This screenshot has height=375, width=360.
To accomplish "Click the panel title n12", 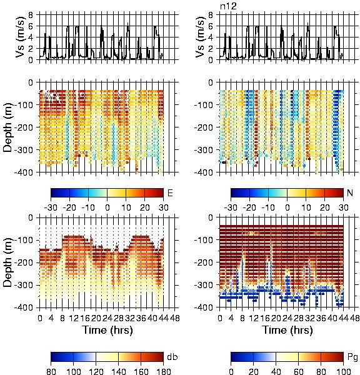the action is point(228,6).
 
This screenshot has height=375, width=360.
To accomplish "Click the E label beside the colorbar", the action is point(170,192).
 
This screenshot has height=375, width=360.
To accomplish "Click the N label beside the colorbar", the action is point(350,192).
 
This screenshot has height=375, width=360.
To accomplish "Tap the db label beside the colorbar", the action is point(172,357).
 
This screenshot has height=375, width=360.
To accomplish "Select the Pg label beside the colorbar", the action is point(352,357).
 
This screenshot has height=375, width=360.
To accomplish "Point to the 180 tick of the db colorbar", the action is point(163,371).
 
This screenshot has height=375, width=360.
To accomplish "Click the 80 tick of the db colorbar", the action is point(51,371).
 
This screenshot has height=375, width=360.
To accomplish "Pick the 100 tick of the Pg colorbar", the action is point(344,371).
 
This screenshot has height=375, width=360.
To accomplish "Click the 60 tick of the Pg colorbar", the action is point(298,371).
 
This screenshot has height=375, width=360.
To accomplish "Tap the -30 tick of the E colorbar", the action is point(51,207).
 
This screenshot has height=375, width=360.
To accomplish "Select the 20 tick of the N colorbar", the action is point(324,207).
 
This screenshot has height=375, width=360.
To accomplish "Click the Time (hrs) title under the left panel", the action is point(107,330).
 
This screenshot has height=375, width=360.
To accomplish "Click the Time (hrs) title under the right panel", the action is point(287,330).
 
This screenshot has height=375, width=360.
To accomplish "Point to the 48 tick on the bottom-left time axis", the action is point(175,318).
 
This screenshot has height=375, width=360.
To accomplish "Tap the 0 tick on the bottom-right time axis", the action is point(220,318).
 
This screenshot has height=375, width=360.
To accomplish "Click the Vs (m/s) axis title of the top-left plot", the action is point(20,37).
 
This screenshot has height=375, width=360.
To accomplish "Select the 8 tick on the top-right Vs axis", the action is point(211,15).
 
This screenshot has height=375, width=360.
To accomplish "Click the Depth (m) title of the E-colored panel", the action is point(8,127).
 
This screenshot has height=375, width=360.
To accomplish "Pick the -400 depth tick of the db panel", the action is point(24,307).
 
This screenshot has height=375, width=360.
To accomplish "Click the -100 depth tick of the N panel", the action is point(204,105).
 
